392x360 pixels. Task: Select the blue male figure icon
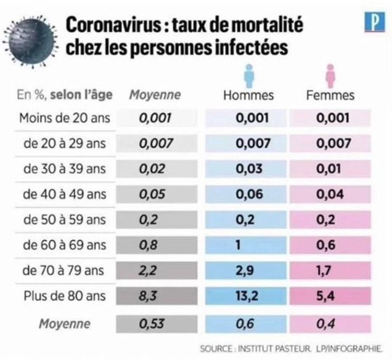[249, 75]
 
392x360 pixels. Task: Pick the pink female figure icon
[329, 75]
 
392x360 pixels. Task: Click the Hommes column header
[249, 95]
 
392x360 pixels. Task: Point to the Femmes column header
[330, 95]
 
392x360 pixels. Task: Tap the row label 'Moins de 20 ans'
[64, 119]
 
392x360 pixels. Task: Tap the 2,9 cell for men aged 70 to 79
[249, 271]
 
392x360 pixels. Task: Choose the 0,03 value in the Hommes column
[249, 169]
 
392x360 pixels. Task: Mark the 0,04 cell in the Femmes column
[330, 195]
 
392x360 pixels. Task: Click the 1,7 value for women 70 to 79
[330, 271]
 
